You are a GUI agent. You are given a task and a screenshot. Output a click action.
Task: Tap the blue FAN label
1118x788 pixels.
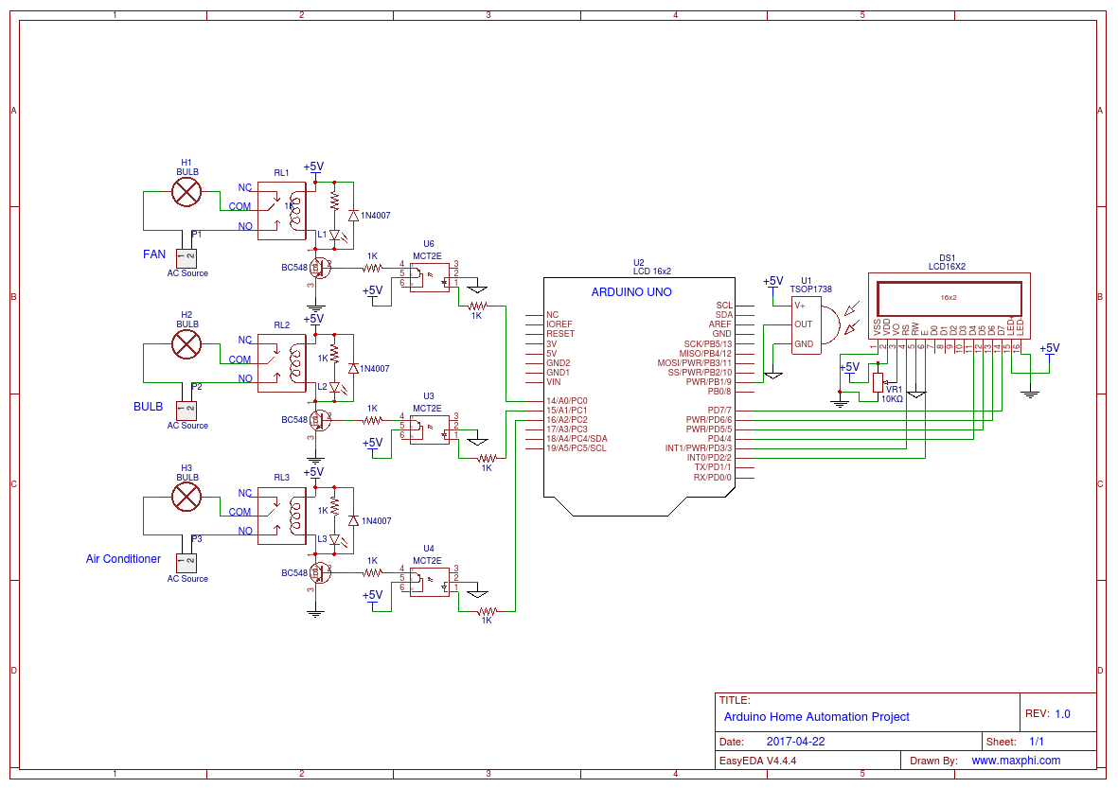point(154,254)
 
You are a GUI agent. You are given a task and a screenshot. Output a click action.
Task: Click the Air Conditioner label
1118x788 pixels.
point(123,559)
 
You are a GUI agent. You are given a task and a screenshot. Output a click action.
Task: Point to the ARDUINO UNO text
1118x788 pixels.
point(631,292)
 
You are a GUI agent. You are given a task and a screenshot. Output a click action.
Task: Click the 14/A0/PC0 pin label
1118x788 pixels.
point(567,401)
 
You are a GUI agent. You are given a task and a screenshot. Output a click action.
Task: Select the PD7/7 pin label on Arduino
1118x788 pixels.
point(716,411)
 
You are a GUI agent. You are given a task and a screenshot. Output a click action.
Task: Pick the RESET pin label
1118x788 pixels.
point(560,334)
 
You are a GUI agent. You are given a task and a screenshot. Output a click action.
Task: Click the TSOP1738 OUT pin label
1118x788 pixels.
point(803,324)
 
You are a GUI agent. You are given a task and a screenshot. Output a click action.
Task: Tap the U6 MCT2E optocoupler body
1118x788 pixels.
point(429,274)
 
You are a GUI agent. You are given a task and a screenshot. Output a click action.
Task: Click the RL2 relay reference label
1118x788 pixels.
point(281,325)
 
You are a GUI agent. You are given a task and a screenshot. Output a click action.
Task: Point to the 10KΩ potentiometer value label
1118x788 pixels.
point(892,399)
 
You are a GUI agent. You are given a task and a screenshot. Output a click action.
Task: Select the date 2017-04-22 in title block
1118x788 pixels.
point(795,742)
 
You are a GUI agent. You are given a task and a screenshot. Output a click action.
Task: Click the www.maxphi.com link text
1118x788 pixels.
point(1016,761)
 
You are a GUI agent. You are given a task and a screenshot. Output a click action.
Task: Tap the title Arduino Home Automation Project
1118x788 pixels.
point(816,717)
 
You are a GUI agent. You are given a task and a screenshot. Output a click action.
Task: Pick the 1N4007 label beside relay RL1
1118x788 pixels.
point(376,217)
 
